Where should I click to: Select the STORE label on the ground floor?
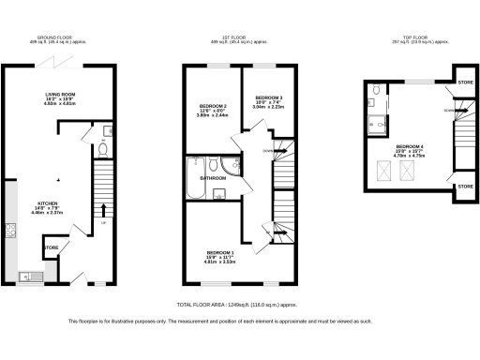(52, 248)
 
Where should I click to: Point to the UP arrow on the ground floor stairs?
(103, 223)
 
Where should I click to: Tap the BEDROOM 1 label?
(220, 252)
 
